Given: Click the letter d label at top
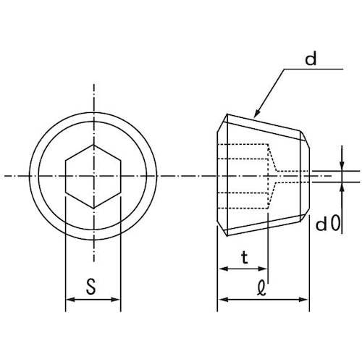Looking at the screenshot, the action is pyautogui.click(x=311, y=59).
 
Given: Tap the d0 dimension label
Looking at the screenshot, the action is pyautogui.click(x=328, y=224).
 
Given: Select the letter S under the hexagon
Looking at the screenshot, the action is pyautogui.click(x=91, y=287).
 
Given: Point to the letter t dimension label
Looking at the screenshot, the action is pyautogui.click(x=245, y=257).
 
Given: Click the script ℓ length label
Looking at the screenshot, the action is pyautogui.click(x=261, y=287).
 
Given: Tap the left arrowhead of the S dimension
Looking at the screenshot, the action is pyautogui.click(x=70, y=300).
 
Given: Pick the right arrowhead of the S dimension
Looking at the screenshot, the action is pyautogui.click(x=116, y=300).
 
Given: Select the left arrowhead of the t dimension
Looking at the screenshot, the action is pyautogui.click(x=222, y=269).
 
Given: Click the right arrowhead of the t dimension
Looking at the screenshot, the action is pyautogui.click(x=263, y=269).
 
